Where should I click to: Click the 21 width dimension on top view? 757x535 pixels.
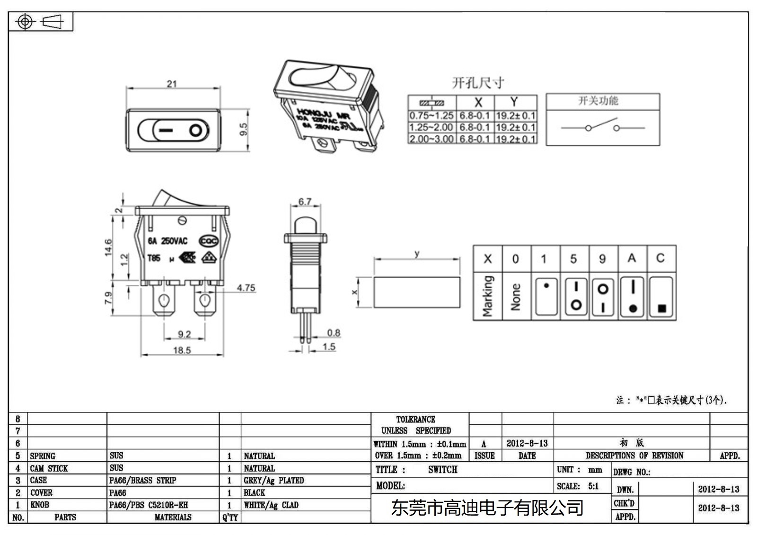[x=172, y=84]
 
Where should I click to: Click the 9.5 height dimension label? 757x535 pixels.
[x=243, y=129]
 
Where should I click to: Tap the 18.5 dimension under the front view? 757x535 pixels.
[x=182, y=351]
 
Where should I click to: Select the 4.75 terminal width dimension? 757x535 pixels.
[x=246, y=288]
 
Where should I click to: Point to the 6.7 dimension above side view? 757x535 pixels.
[x=305, y=202]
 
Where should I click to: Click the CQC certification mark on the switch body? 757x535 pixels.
[x=209, y=241]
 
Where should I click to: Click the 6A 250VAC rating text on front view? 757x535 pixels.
[x=167, y=241]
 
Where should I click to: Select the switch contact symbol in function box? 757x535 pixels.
[x=602, y=127]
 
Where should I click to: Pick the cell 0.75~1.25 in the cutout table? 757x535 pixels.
[x=431, y=116]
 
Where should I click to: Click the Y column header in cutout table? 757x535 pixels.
[x=514, y=102]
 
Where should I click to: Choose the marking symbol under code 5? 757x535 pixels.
[x=576, y=297]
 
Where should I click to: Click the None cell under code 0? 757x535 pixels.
[x=516, y=297]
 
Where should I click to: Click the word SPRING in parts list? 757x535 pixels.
[x=43, y=456]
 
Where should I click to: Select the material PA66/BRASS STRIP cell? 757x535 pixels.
[x=143, y=481]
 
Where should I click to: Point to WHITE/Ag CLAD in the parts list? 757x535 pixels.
[x=271, y=505]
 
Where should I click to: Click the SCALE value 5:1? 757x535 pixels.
[x=593, y=486]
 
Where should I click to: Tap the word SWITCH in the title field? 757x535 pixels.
[x=443, y=470]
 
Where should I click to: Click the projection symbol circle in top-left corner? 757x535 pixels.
[x=25, y=22]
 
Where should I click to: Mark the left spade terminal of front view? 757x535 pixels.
[x=164, y=301]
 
